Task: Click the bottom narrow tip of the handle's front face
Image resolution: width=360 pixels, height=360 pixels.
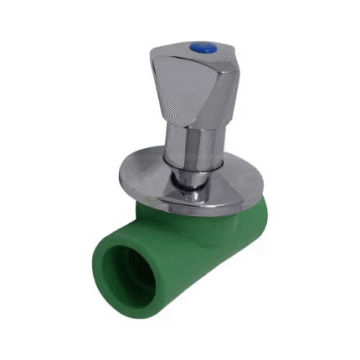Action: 177,126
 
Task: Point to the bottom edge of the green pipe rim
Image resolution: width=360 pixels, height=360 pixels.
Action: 126,315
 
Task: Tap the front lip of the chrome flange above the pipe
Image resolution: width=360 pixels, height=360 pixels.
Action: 167,205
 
